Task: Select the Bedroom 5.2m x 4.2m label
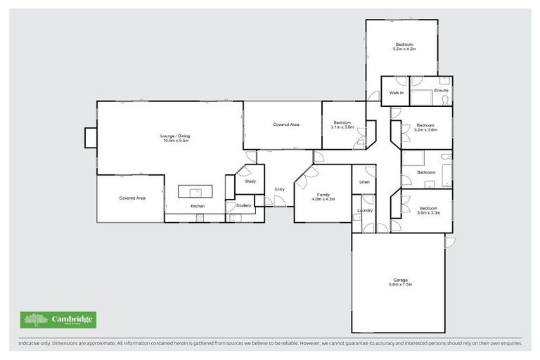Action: point(404,46)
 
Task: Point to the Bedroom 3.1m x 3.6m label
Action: point(343,124)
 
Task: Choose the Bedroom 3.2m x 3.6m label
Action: point(426,127)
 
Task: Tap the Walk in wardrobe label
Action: point(396,92)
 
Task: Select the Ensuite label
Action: point(441,91)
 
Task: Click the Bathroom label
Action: point(426,172)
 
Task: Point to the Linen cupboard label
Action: point(364,182)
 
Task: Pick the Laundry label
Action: point(364,210)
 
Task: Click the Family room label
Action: point(323,196)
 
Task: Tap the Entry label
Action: point(279,189)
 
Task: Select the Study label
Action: point(250,181)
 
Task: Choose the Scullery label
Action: point(243,206)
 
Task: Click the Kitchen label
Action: point(198,206)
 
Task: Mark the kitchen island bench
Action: point(194,191)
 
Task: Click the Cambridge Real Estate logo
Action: point(59,320)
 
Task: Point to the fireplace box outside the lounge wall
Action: point(91,137)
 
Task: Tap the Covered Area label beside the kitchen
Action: point(131,198)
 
